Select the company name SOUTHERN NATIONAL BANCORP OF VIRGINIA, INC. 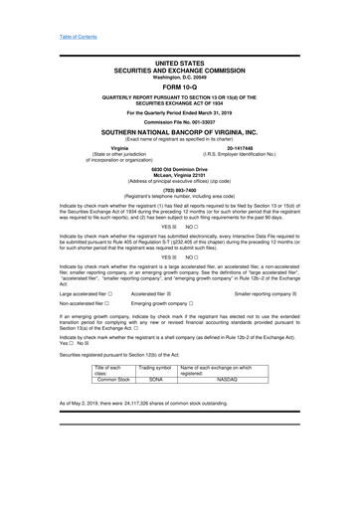coord(180,131)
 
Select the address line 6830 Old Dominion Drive coord(180,169)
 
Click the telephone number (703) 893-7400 coord(180,188)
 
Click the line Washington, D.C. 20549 coord(180,78)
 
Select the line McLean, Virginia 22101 coord(180,175)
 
